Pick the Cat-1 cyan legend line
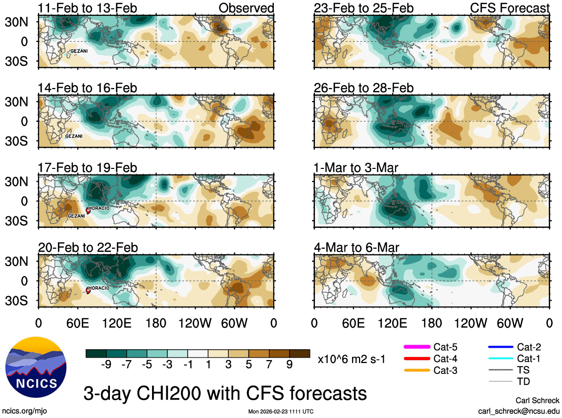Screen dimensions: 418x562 coord(500,359)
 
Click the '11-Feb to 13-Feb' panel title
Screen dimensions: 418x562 coord(87,8)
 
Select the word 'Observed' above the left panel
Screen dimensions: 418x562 coord(246,8)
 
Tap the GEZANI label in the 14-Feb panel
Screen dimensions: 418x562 coord(74,136)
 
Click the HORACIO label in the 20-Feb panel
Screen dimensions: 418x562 coord(100,287)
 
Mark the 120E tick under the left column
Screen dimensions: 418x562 coord(117,323)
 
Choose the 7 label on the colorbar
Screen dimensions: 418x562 coord(269,365)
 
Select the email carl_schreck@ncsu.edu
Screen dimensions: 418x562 coord(518,411)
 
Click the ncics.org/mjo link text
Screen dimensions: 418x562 coord(25,411)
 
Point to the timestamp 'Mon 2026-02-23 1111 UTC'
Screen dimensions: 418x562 coord(281,412)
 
